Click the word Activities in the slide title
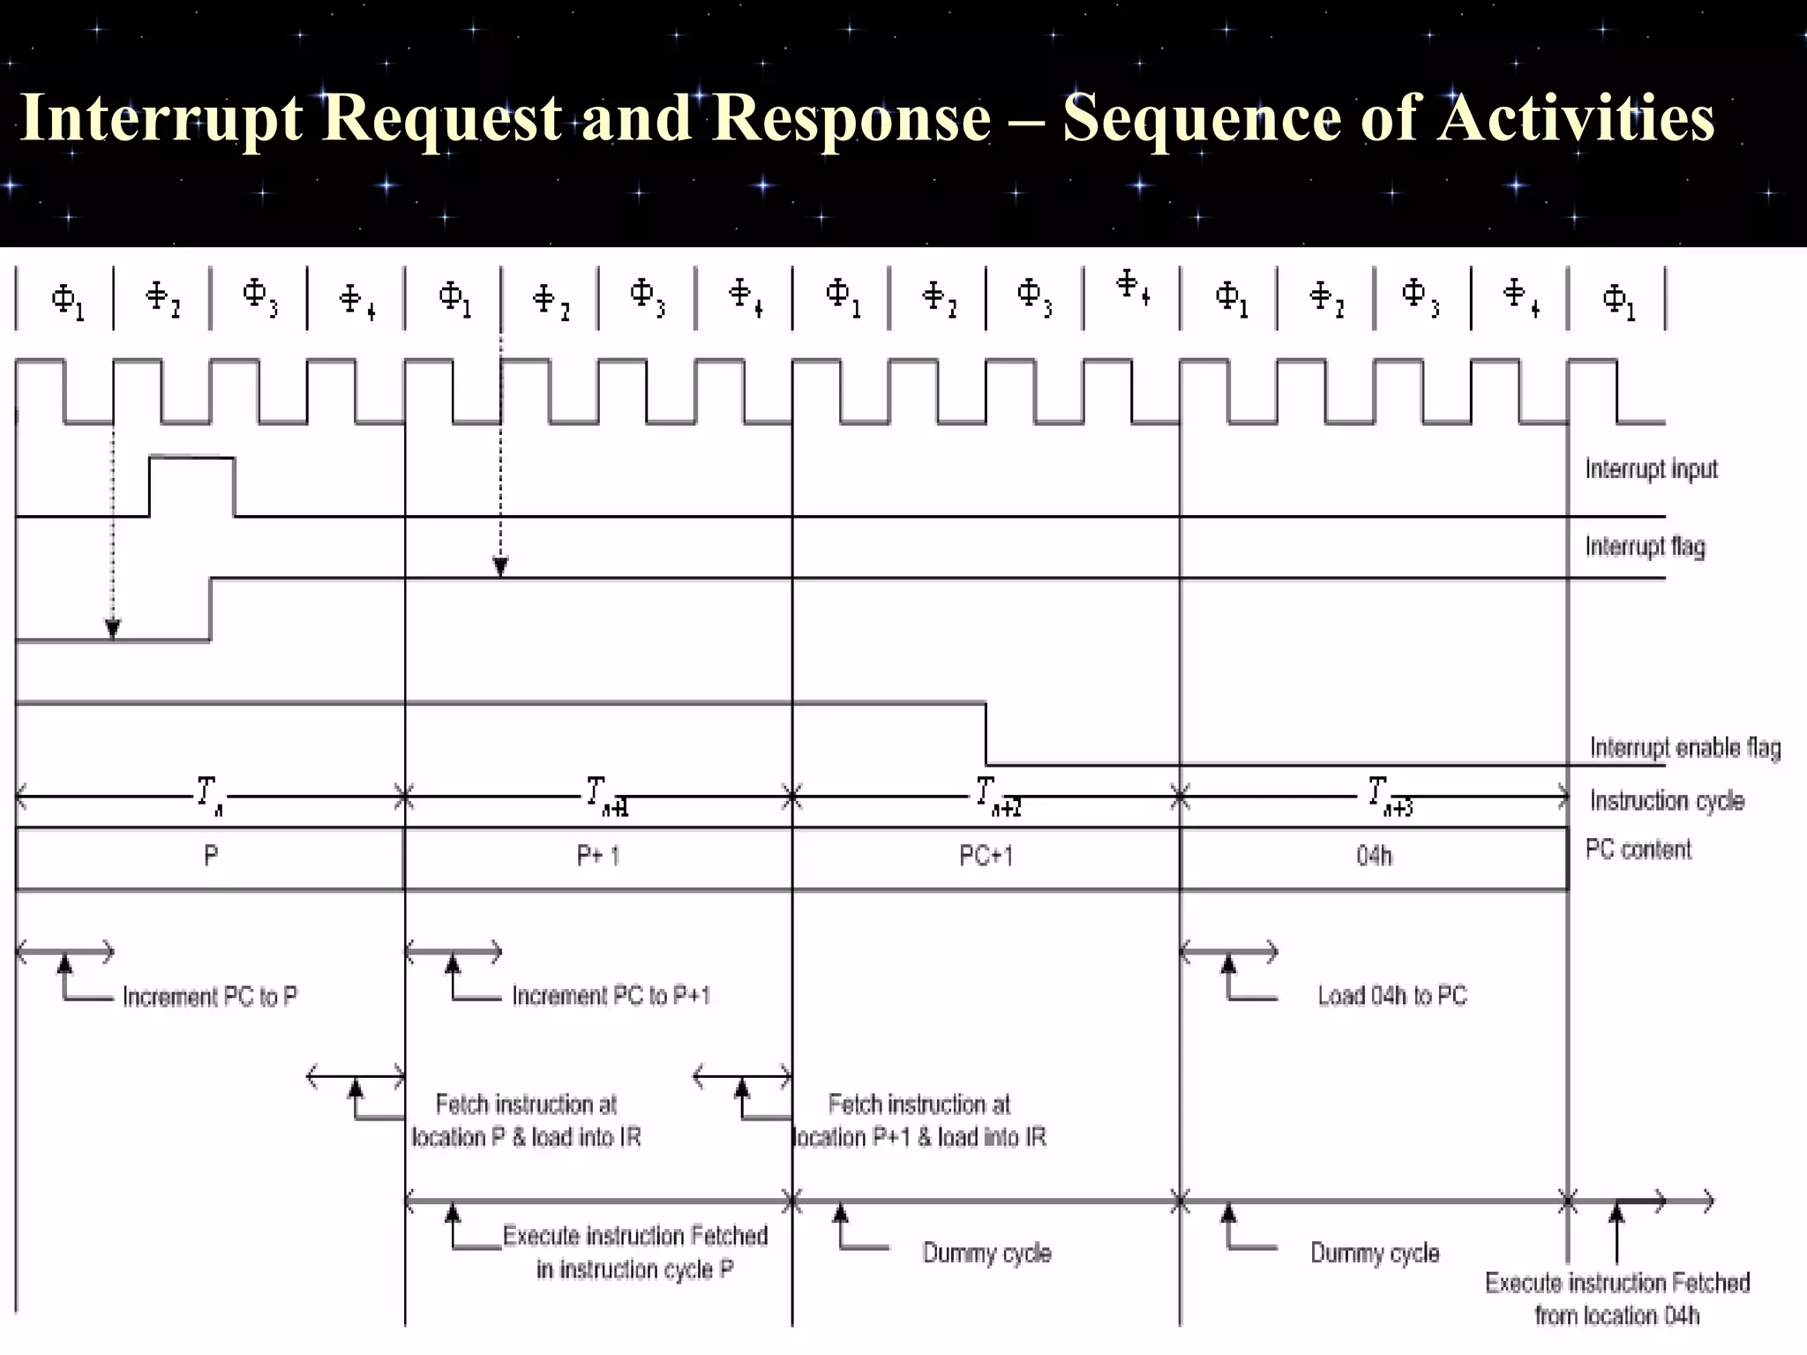(x=1576, y=118)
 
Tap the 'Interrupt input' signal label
(x=1651, y=469)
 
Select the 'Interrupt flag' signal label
(x=1645, y=547)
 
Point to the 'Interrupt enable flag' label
(x=1684, y=748)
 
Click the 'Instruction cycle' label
(x=1667, y=801)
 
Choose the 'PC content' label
(x=1638, y=850)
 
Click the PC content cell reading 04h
(x=1374, y=856)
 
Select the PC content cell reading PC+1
(x=986, y=856)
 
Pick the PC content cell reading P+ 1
(x=598, y=856)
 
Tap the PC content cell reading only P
(x=211, y=856)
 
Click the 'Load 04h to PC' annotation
(x=1391, y=996)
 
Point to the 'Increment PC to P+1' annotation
(x=611, y=996)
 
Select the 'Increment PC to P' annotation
(x=210, y=997)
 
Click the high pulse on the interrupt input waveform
(x=191, y=459)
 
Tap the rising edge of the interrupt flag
(x=211, y=609)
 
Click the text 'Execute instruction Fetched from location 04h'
(x=1616, y=1299)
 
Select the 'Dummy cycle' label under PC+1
(x=986, y=1253)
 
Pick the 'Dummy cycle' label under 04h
(x=1374, y=1253)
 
